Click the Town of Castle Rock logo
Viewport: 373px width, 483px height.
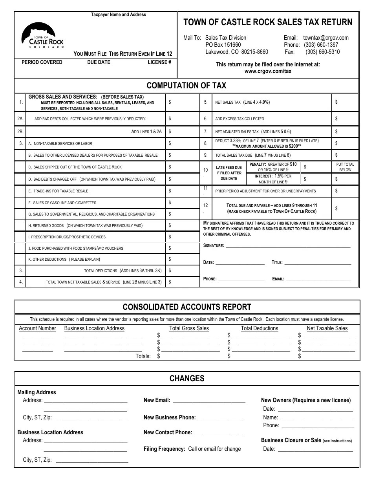pos(42,35)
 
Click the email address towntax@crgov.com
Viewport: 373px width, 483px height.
pos(326,38)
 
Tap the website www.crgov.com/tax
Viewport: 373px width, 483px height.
pos(268,71)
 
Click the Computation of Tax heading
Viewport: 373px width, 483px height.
pos(186,85)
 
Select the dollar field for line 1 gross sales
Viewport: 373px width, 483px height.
pos(183,102)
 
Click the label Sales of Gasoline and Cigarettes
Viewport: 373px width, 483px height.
pos(62,203)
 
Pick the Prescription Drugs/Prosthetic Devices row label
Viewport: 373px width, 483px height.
pos(67,237)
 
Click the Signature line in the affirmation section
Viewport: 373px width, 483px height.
pos(288,246)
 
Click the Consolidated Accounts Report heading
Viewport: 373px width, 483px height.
pos(187,307)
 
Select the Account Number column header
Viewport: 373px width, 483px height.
pos(37,328)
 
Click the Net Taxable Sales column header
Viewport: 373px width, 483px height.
pos(327,328)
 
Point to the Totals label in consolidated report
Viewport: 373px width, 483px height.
pos(143,356)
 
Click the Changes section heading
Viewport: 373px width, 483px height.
pos(187,379)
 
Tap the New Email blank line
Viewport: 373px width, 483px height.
pos(209,401)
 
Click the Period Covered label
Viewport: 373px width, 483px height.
pos(42,62)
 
